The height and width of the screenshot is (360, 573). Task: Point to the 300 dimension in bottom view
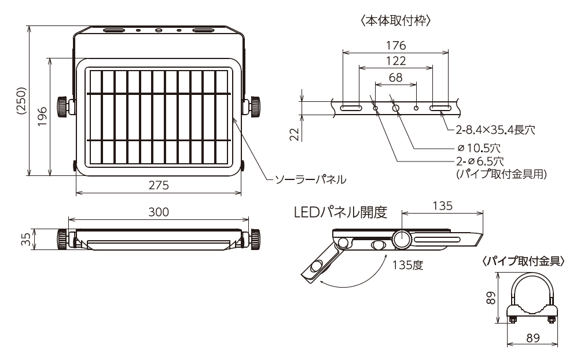(x=158, y=212)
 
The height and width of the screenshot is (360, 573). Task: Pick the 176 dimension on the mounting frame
(x=395, y=45)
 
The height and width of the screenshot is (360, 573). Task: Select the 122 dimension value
(x=395, y=61)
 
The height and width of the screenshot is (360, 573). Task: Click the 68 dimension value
(x=395, y=77)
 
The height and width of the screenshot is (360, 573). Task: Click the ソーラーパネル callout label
(x=310, y=179)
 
